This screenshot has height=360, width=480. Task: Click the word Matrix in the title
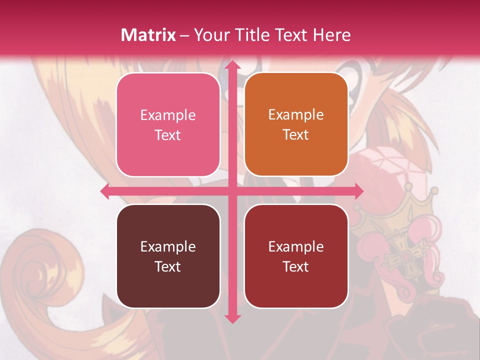click(x=148, y=35)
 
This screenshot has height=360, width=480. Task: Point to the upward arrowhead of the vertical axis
click(x=231, y=65)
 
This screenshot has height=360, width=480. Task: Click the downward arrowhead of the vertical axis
click(x=231, y=318)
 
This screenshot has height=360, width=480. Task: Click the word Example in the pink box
click(x=168, y=115)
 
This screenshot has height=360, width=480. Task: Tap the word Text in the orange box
click(x=296, y=135)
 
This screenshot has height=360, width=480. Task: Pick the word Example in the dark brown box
click(x=168, y=246)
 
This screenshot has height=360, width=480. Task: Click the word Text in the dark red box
click(x=296, y=266)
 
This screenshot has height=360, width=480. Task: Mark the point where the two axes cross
click(x=231, y=191)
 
